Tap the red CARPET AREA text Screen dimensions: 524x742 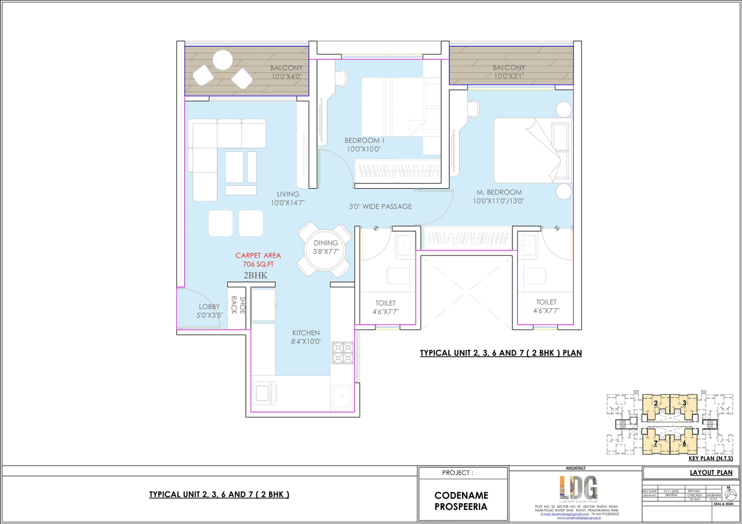[x=258, y=255]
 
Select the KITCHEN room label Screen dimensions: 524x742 [x=305, y=333]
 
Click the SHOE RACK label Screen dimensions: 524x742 [x=238, y=305]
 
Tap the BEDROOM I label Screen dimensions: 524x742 [x=364, y=140]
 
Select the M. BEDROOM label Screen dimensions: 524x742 [x=499, y=192]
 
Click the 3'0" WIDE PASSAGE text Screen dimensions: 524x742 [x=380, y=207]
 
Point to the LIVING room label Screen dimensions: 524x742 [x=288, y=194]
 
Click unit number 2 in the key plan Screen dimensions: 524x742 [x=655, y=403]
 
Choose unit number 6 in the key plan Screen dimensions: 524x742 [x=684, y=443]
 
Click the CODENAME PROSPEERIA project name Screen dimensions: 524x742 [x=461, y=501]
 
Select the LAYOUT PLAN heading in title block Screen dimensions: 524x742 [x=711, y=473]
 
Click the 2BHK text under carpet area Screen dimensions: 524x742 [x=256, y=276]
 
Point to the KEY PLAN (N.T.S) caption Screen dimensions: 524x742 [x=711, y=459]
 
